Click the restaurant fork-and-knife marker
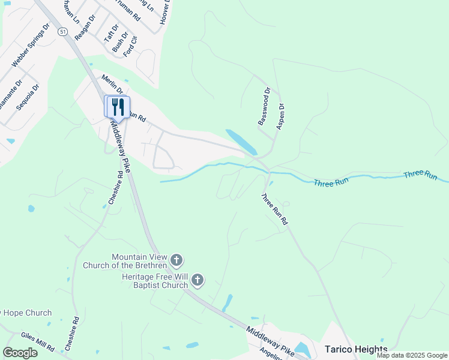(x=118, y=107)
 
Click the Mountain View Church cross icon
(x=176, y=260)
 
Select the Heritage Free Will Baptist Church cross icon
(x=198, y=280)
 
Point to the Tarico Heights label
(x=355, y=349)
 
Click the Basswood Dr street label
(x=265, y=106)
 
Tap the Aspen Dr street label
(x=280, y=116)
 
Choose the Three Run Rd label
(x=274, y=209)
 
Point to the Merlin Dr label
(x=112, y=85)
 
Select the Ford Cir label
(x=130, y=47)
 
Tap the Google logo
(x=20, y=353)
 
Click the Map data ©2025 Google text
(x=411, y=355)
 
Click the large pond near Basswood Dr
(x=241, y=142)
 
